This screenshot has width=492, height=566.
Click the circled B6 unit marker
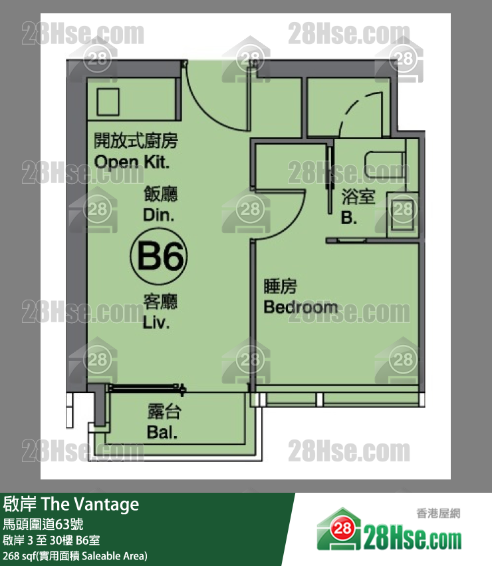click(159, 256)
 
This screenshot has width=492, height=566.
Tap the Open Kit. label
click(132, 162)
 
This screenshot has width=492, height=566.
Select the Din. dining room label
click(159, 215)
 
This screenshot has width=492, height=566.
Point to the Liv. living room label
click(156, 322)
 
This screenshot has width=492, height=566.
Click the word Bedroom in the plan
click(301, 307)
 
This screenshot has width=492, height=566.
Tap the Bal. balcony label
click(162, 432)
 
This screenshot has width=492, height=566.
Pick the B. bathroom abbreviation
click(349, 218)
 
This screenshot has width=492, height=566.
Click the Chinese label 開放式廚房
click(136, 141)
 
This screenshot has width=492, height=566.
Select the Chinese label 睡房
click(280, 286)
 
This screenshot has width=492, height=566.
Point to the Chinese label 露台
click(164, 412)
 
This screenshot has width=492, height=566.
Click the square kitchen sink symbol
click(108, 102)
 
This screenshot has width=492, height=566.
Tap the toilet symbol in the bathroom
click(385, 165)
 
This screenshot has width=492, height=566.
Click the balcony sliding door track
click(146, 388)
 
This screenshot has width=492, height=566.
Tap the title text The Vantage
click(90, 504)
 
